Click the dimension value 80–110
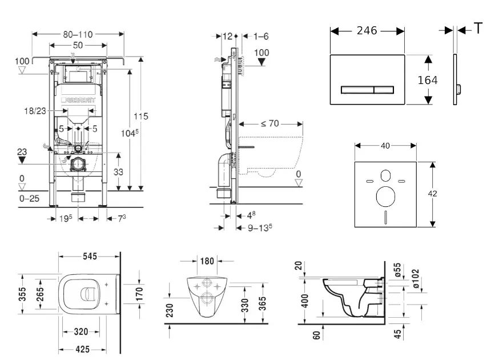(x=78, y=34)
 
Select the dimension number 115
(x=141, y=116)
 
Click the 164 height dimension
(x=428, y=80)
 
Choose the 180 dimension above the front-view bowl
(x=207, y=261)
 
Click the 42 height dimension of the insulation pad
(x=433, y=194)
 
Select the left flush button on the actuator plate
(x=357, y=89)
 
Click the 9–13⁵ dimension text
(x=259, y=227)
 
